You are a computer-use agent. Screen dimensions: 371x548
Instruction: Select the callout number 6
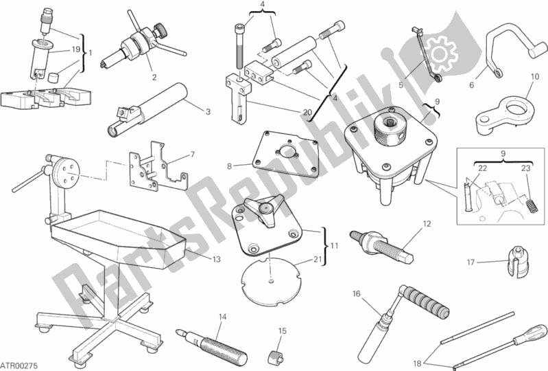[x=472, y=85]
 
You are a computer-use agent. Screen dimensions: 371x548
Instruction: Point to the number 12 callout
[x=425, y=224]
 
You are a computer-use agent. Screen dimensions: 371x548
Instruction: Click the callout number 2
[x=154, y=77]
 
